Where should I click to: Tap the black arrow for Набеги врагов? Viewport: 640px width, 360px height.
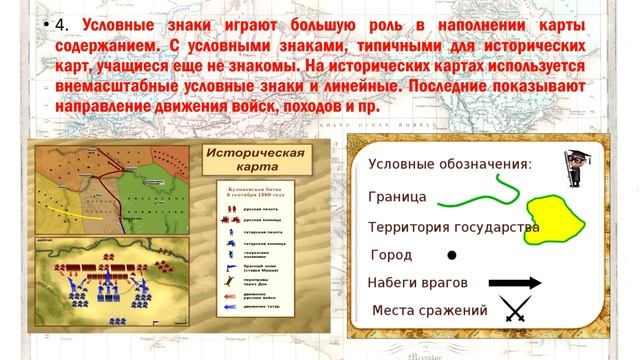(x=514, y=283)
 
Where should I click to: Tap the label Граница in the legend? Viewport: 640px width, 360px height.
(x=397, y=196)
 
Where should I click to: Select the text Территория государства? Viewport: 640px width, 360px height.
(x=453, y=227)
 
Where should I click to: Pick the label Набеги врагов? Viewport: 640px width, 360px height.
(x=417, y=283)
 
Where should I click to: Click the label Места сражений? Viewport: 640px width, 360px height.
(x=429, y=311)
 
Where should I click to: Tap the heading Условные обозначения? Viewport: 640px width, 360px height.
(x=449, y=164)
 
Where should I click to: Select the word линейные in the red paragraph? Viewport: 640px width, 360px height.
(x=359, y=86)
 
